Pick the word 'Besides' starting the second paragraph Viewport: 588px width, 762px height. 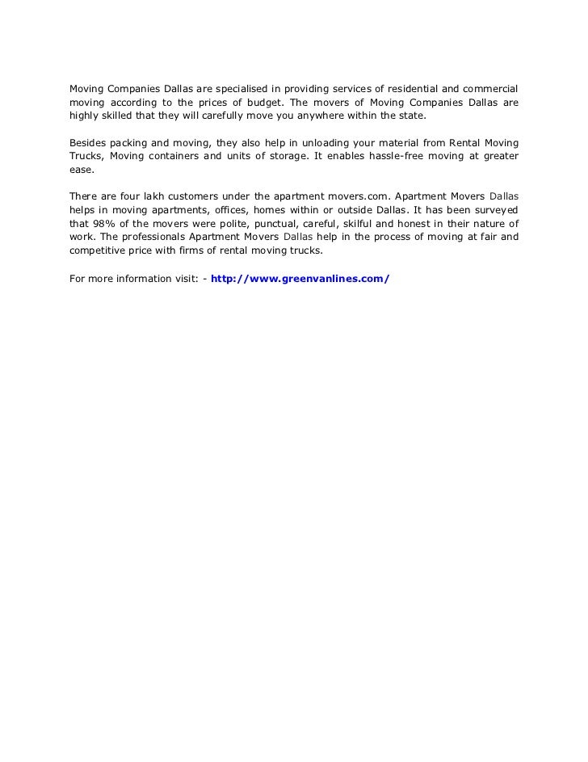[x=87, y=142]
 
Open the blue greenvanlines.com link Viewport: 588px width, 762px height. [x=300, y=279]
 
